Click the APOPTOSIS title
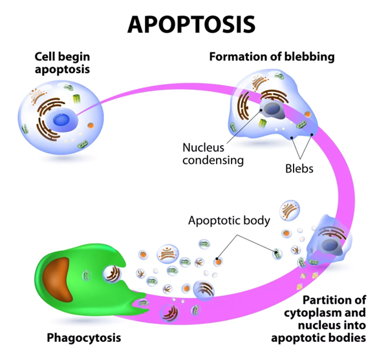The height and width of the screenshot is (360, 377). pyautogui.click(x=191, y=24)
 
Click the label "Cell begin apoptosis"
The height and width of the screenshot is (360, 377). pyautogui.click(x=62, y=63)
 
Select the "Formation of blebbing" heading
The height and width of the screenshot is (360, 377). pyautogui.click(x=272, y=57)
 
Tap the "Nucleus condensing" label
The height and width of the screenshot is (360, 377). pyautogui.click(x=213, y=154)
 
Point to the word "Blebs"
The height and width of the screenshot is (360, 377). pyautogui.click(x=299, y=169)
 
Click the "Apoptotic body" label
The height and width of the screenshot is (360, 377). pyautogui.click(x=229, y=220)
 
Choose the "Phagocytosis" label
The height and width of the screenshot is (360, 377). pyautogui.click(x=84, y=337)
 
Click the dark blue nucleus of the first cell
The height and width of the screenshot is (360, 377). pyautogui.click(x=61, y=120)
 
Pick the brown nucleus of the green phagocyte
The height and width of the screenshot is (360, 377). pyautogui.click(x=58, y=279)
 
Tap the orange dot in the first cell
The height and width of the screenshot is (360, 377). pyautogui.click(x=91, y=125)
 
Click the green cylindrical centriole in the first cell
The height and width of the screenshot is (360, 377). pyautogui.click(x=77, y=98)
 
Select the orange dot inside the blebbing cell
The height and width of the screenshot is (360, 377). pyautogui.click(x=308, y=114)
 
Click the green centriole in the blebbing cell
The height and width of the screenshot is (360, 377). pyautogui.click(x=263, y=123)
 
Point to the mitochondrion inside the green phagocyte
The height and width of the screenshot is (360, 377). pyautogui.click(x=87, y=275)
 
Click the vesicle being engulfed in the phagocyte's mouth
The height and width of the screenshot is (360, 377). pyautogui.click(x=113, y=274)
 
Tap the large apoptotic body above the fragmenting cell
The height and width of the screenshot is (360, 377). pyautogui.click(x=290, y=210)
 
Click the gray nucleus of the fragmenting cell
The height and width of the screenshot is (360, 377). pyautogui.click(x=330, y=246)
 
